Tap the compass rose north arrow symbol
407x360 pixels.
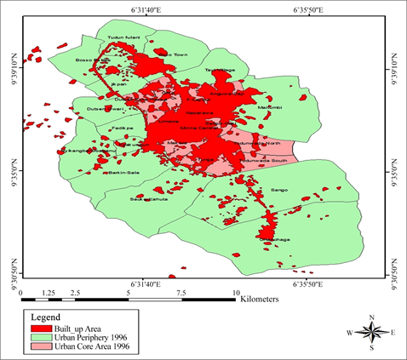372,331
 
